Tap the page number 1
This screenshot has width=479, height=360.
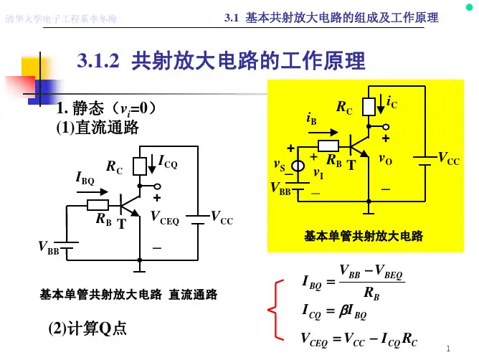447,349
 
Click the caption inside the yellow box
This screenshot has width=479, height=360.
364,236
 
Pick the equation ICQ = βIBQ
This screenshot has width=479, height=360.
336,313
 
